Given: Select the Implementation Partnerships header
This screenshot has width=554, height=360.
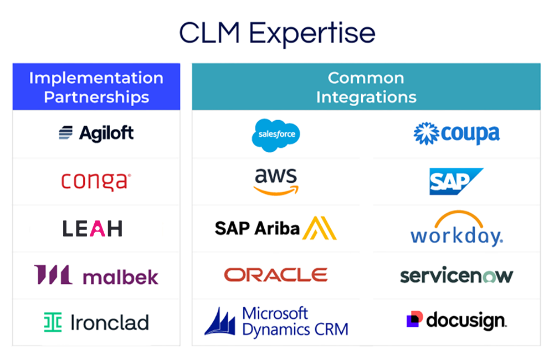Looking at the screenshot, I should [x=96, y=87].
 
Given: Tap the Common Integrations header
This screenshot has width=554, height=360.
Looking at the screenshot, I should [x=366, y=87].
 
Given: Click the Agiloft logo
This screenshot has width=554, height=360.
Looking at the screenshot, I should [x=96, y=133].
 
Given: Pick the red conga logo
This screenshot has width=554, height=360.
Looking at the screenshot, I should [x=96, y=181].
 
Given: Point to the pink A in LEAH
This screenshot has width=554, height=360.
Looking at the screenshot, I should [x=98, y=229].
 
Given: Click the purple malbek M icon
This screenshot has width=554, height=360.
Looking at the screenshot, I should [x=53, y=275].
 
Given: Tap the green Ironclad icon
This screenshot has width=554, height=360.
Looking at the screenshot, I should [x=53, y=322].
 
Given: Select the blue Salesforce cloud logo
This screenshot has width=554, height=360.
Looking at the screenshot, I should [x=276, y=134].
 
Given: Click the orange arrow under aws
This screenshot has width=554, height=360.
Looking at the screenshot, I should [x=276, y=190].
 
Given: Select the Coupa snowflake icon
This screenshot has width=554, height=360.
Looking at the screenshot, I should [x=426, y=133].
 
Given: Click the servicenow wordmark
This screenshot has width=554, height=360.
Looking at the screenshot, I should [x=456, y=275].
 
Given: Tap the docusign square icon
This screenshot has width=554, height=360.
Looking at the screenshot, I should [x=414, y=319].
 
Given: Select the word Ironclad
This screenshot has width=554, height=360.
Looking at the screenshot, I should [x=110, y=322].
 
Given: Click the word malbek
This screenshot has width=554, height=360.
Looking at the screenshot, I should [x=120, y=276].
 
